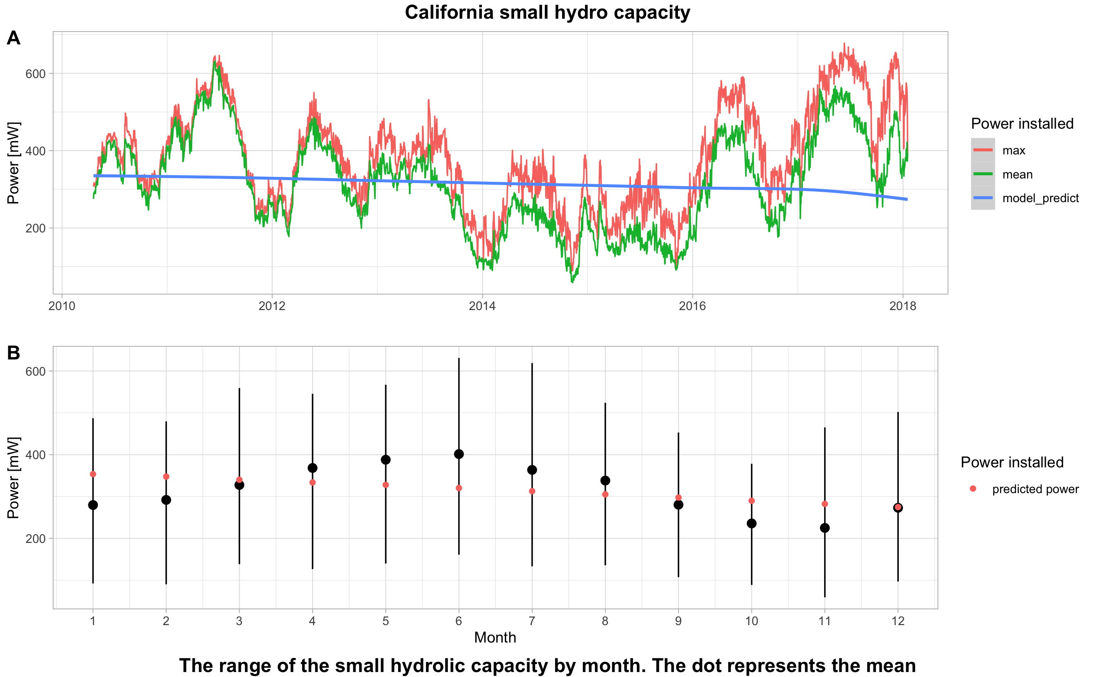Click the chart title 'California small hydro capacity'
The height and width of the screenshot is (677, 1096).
547,12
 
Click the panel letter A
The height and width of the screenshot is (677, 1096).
13,38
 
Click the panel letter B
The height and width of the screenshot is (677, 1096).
13,353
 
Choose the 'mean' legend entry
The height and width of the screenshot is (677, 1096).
1017,175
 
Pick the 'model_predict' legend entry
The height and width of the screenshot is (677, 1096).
1040,198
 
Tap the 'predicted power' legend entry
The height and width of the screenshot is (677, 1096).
1035,489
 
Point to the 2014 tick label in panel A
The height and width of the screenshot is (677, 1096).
482,306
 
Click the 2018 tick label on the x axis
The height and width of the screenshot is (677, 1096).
903,306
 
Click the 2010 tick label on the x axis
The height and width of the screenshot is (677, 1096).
62,306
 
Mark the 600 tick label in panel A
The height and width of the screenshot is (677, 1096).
35,74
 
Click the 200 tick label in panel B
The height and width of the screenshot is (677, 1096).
35,539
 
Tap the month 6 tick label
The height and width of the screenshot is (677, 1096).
458,621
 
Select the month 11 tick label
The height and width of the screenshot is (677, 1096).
824,621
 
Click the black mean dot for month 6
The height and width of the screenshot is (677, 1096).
459,454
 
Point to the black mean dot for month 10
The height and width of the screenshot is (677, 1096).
752,523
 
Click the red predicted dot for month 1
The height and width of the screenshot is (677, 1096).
93,474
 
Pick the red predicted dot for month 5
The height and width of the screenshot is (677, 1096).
386,485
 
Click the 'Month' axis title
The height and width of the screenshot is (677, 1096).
495,638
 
